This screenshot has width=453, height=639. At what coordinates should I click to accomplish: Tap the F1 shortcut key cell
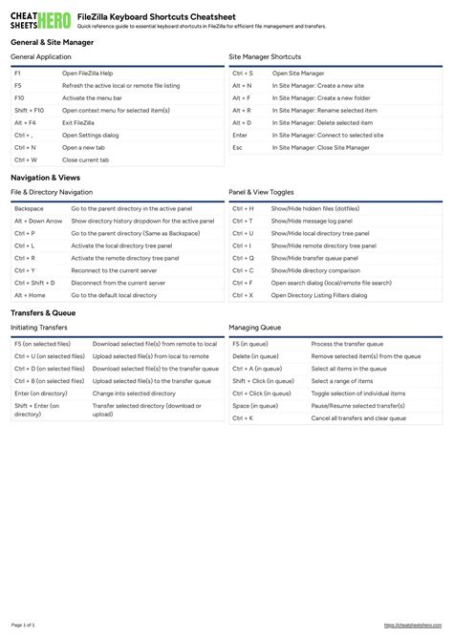tap(18, 73)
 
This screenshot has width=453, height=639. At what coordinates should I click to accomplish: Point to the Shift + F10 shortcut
tap(30, 111)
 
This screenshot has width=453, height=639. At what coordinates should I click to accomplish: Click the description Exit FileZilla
tap(77, 123)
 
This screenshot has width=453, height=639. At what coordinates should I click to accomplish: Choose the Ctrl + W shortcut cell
tap(26, 160)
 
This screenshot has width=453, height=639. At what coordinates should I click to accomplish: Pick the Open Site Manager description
tap(298, 73)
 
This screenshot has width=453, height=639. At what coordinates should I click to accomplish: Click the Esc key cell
tap(238, 148)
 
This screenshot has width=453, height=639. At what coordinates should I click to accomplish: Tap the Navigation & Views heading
tap(45, 179)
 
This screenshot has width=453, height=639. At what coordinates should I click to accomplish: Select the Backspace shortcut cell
tap(29, 208)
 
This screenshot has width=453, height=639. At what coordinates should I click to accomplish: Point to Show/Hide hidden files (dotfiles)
tap(315, 208)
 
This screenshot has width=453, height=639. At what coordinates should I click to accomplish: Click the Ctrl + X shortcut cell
tap(243, 295)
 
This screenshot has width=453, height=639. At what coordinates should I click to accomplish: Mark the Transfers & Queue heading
tap(43, 313)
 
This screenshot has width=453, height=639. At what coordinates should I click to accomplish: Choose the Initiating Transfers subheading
tap(39, 329)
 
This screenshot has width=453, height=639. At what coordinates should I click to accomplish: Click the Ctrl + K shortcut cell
tap(243, 418)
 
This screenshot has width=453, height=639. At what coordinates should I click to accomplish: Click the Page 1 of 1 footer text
tap(23, 625)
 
